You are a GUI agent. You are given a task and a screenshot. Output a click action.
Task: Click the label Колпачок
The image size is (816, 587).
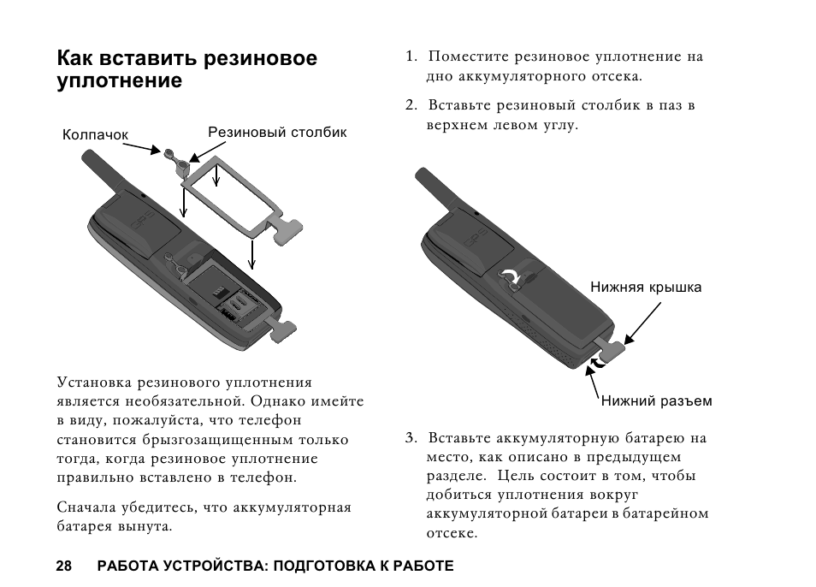tap(95, 135)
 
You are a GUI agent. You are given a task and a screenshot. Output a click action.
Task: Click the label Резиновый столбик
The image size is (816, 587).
tap(277, 133)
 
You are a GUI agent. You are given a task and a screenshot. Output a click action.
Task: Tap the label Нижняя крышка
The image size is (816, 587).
tap(646, 288)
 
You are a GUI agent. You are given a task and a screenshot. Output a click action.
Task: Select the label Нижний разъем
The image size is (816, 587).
tap(656, 400)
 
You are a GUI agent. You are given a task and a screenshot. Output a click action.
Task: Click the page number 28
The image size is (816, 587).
tap(64, 566)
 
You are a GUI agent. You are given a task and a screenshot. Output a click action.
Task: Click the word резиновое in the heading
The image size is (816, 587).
tap(262, 59)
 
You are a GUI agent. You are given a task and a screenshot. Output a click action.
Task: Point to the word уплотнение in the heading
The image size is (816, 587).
tap(120, 82)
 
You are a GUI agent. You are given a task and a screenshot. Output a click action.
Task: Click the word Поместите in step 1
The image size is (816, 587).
tap(468, 57)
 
